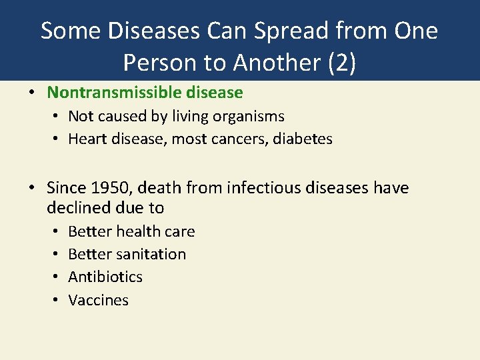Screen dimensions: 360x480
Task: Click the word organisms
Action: pos(249,117)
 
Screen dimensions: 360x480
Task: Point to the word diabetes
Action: pos(303,139)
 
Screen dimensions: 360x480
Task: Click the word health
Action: pos(137,231)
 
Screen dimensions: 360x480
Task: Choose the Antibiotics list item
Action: pos(105,277)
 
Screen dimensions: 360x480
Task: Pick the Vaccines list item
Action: pos(98,300)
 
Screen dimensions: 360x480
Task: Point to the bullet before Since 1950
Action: pos(31,188)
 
